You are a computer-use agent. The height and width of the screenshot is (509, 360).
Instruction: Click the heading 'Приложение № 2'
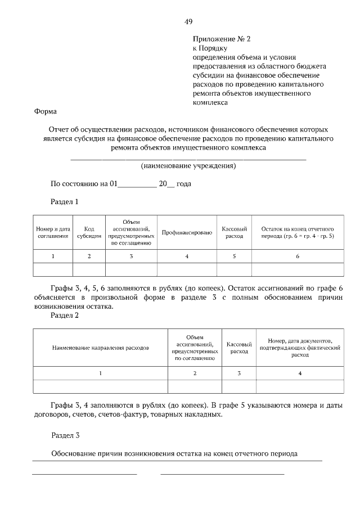(220, 39)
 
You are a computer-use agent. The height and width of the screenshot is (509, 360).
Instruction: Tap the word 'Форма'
(46, 111)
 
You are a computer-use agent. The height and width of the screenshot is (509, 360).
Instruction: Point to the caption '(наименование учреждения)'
(188, 166)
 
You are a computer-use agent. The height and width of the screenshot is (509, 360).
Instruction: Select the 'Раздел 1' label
(65, 201)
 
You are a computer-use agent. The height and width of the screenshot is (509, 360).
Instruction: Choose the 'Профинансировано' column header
(187, 233)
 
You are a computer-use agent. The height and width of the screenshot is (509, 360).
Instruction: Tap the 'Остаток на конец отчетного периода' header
(298, 233)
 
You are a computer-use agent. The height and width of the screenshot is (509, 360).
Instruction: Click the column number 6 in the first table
(298, 256)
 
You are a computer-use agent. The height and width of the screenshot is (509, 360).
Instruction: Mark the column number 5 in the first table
(234, 256)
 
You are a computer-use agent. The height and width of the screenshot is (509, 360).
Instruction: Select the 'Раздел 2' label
(65, 316)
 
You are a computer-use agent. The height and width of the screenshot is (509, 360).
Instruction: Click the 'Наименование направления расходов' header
(101, 348)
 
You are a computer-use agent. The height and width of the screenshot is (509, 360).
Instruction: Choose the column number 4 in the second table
(300, 373)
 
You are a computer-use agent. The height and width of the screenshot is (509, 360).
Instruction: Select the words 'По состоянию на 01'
(84, 184)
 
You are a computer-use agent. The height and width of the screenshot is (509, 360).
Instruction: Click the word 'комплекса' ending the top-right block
(210, 103)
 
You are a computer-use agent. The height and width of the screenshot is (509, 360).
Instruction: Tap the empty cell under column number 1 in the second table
(101, 386)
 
